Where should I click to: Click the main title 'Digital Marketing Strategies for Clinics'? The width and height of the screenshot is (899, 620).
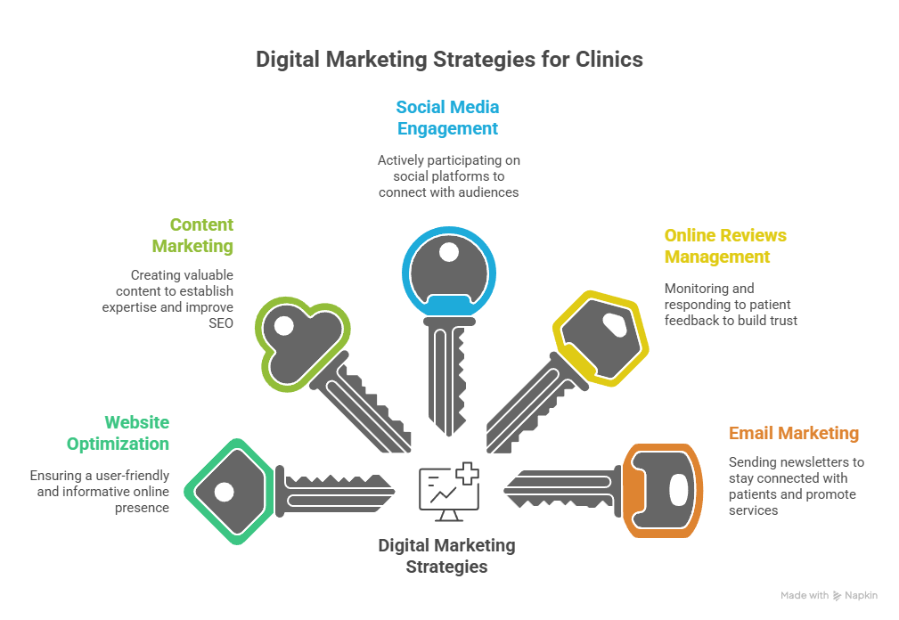[449, 60]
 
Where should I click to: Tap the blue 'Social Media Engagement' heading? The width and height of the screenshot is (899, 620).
[447, 118]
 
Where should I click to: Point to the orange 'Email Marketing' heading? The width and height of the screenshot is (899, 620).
[793, 434]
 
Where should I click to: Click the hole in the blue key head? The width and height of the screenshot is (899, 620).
[448, 252]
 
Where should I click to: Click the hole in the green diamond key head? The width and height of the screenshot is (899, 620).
[224, 491]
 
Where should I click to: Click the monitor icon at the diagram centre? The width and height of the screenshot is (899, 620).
[448, 493]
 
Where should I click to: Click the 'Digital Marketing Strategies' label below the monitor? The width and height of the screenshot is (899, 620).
[446, 555]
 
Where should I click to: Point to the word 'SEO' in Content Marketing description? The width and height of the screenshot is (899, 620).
[221, 323]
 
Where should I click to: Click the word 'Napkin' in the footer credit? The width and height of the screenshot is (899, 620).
[861, 596]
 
